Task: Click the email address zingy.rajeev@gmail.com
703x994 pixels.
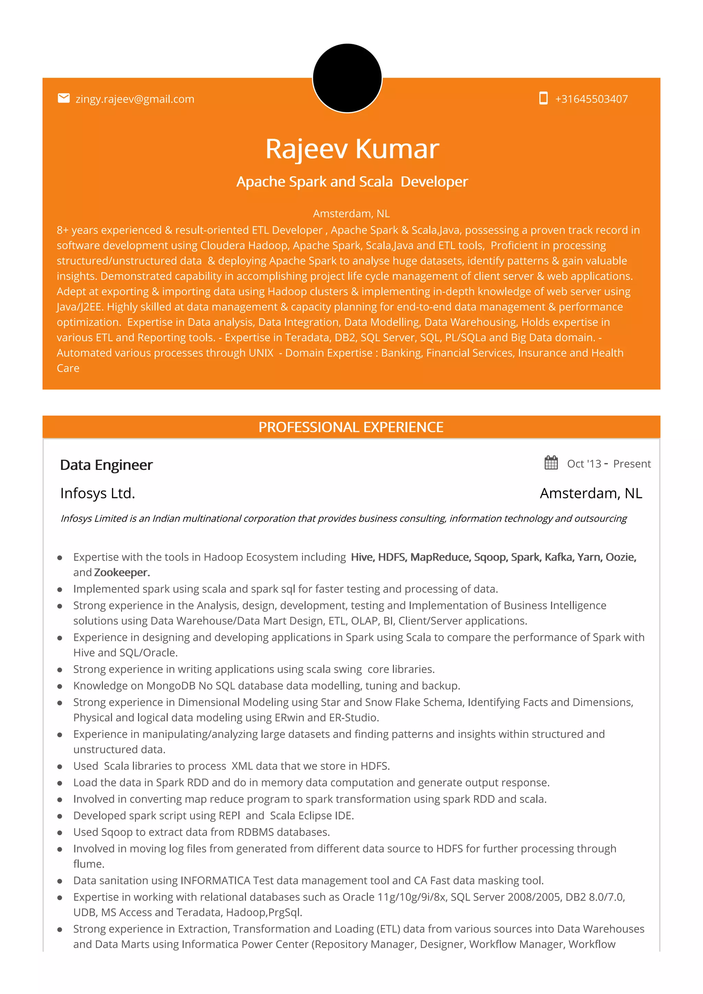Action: pos(135,99)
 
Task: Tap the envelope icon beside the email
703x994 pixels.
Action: pos(64,98)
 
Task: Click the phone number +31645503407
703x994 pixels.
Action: pos(591,99)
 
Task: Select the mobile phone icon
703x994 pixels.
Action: pos(543,98)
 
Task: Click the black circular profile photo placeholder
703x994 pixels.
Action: pos(347,78)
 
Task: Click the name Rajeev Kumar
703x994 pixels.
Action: pos(352,149)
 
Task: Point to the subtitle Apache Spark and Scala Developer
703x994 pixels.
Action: pos(352,182)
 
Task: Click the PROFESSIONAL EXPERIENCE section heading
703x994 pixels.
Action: pos(351,427)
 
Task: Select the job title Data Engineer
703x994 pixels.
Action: pos(106,465)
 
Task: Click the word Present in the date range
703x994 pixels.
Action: pos(632,464)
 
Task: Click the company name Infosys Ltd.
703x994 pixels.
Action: pos(98,494)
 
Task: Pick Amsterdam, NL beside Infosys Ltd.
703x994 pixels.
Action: pos(591,494)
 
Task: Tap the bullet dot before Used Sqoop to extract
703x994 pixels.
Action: pos(60,833)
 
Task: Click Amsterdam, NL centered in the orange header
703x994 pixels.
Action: pos(351,214)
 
